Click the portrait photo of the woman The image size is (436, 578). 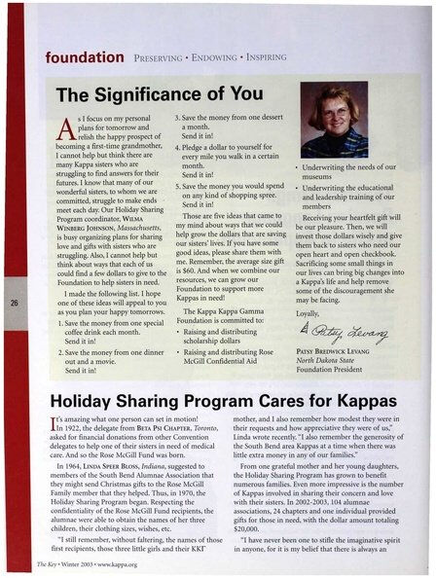tap(335, 119)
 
